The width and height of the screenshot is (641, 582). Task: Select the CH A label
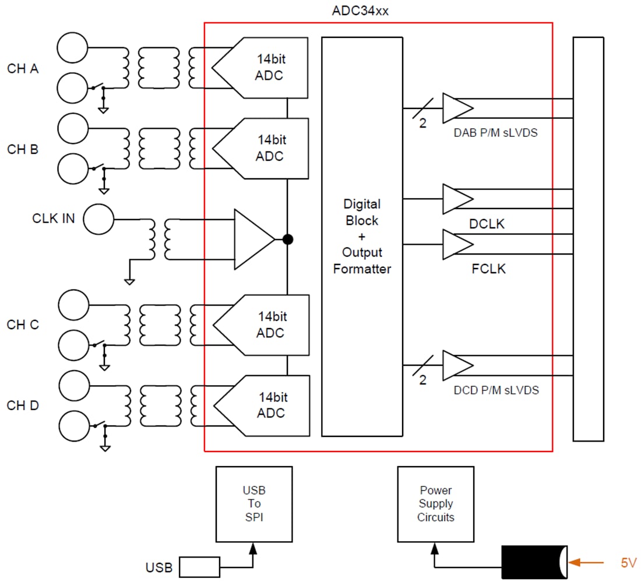tap(23, 69)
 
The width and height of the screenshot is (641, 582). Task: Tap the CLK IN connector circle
tap(98, 220)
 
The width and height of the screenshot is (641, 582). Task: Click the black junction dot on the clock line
tap(287, 239)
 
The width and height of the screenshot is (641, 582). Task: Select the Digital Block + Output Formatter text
tap(362, 237)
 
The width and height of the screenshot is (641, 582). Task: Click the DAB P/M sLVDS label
tap(495, 133)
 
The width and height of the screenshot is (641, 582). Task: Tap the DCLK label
tap(487, 224)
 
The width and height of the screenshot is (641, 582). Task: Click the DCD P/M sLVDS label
tap(496, 390)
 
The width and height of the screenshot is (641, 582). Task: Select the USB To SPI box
tap(254, 504)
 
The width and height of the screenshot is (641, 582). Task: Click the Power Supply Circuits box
tap(435, 504)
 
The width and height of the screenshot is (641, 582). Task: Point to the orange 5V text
tap(628, 563)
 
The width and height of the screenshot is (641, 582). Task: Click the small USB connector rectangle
tap(199, 567)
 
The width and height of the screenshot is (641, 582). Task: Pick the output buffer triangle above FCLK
tap(457, 244)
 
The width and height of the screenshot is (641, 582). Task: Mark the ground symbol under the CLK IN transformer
tap(129, 281)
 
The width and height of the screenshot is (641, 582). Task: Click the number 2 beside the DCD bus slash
tap(423, 380)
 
